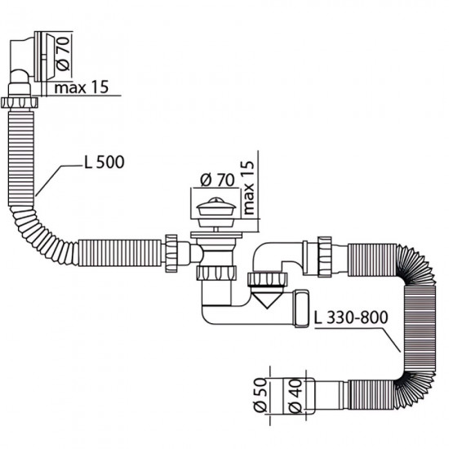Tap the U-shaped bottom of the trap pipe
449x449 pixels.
(220, 313)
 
